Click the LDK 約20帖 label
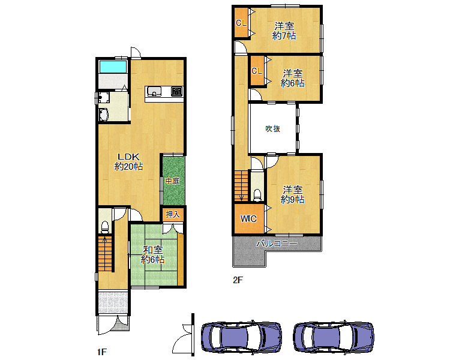point(128,161)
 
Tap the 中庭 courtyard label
point(173,181)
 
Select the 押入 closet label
point(173,214)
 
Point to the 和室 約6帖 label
point(152,254)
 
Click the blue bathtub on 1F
point(113,67)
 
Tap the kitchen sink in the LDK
point(154,91)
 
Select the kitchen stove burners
point(176,91)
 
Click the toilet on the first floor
point(105,227)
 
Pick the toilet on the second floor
point(257,195)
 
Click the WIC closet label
point(248,219)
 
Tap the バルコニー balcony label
point(277,244)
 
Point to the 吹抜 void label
point(273,128)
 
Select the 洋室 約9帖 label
point(293,194)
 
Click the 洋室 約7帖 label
point(284,31)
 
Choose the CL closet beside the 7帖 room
point(241,23)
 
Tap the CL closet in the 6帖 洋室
point(257,71)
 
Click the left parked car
point(241,337)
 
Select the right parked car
point(334,337)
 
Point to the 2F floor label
point(238,280)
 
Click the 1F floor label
point(102,352)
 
